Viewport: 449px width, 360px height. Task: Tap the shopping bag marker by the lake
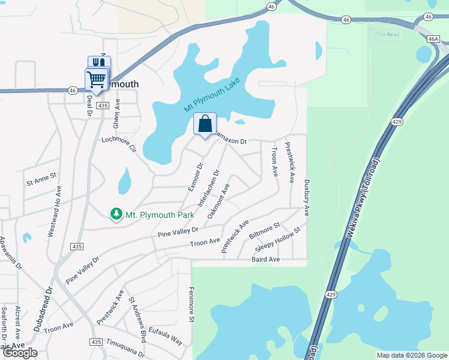pyautogui.click(x=205, y=124)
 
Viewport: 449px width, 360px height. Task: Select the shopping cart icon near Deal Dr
pyautogui.click(x=96, y=79)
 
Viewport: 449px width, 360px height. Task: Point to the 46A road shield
pyautogui.click(x=433, y=39)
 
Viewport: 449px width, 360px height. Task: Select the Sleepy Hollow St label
pyautogui.click(x=277, y=240)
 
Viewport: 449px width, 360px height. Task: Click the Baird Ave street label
pyautogui.click(x=266, y=259)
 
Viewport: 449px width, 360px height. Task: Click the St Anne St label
pyautogui.click(x=40, y=177)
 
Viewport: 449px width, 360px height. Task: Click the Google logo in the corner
pyautogui.click(x=19, y=352)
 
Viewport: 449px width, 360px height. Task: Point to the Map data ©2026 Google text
pyautogui.click(x=412, y=355)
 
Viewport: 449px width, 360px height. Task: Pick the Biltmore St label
pyautogui.click(x=265, y=230)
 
